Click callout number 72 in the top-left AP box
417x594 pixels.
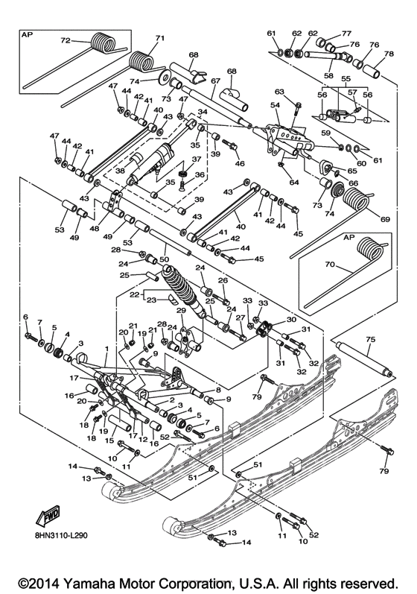click(65, 40)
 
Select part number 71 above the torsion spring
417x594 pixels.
click(159, 37)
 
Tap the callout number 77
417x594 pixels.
click(346, 34)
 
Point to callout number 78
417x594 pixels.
click(388, 54)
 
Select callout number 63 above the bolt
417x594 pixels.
click(279, 91)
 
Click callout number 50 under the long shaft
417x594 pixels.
click(165, 258)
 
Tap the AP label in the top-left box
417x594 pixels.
click(28, 34)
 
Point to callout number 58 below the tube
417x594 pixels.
click(328, 76)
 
